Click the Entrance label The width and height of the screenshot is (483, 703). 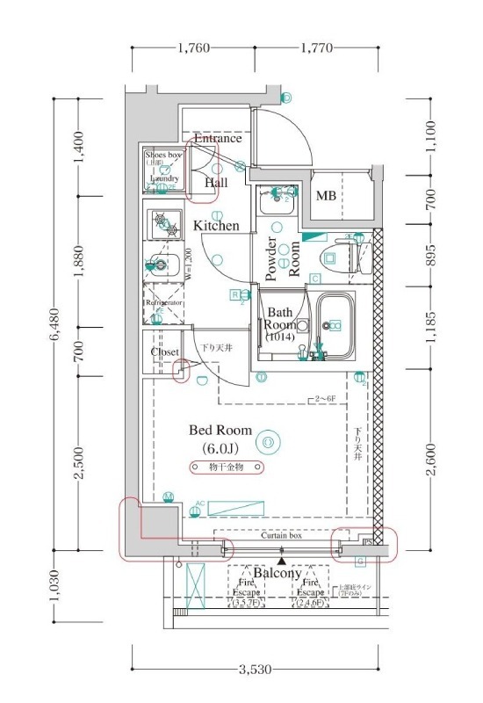click(x=217, y=139)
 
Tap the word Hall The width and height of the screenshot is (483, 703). click(x=216, y=183)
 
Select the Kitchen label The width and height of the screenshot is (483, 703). click(x=216, y=226)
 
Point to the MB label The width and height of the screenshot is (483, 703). click(x=326, y=195)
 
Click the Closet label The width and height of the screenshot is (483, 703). click(x=165, y=351)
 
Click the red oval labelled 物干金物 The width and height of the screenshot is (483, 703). click(x=226, y=467)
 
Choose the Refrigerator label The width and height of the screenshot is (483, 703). click(x=163, y=302)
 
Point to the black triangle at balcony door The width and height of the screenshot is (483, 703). click(x=281, y=559)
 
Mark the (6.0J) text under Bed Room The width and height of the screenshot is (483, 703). click(x=220, y=448)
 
